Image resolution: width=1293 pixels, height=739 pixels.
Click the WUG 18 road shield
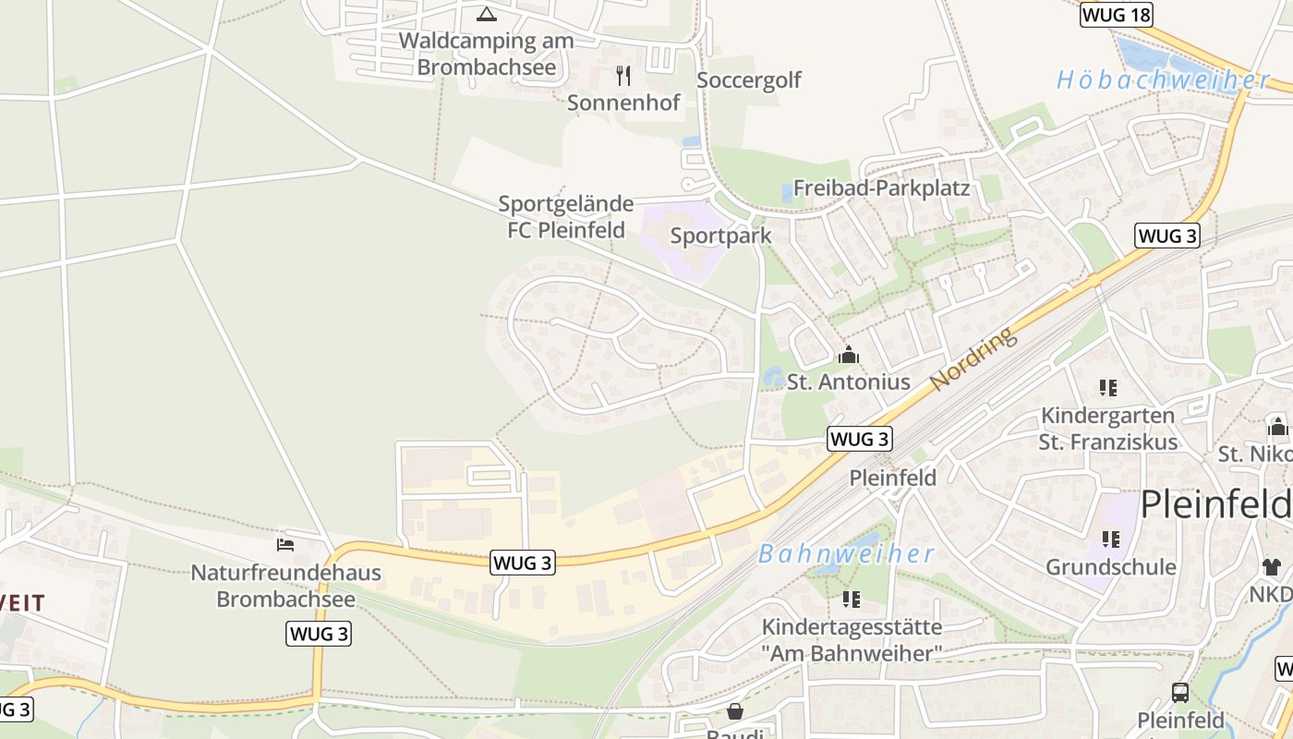1117,14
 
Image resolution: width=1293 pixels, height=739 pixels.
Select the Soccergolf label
749,80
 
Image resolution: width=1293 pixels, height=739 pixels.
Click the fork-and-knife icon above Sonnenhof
623,75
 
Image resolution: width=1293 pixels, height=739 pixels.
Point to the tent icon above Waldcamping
486,14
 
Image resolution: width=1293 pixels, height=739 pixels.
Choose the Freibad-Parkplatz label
881,188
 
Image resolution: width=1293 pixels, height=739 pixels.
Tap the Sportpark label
720,236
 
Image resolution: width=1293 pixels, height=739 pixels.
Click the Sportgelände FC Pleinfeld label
566,216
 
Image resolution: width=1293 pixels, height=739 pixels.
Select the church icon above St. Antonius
848,355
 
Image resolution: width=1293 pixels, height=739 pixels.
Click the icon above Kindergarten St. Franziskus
1108,388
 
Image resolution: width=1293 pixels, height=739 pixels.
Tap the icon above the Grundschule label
1110,539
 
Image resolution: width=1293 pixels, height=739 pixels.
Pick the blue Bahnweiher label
847,554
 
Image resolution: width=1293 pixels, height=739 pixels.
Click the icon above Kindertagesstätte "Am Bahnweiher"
851,600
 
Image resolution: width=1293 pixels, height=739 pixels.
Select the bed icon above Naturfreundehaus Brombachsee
285,545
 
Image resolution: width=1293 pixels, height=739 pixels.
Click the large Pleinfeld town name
1215,505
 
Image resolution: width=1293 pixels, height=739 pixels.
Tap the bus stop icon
1180,692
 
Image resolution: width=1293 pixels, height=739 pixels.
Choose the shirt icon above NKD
1272,566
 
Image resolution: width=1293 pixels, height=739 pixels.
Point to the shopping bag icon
735,711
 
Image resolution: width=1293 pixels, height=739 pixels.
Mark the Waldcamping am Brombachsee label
487,54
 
